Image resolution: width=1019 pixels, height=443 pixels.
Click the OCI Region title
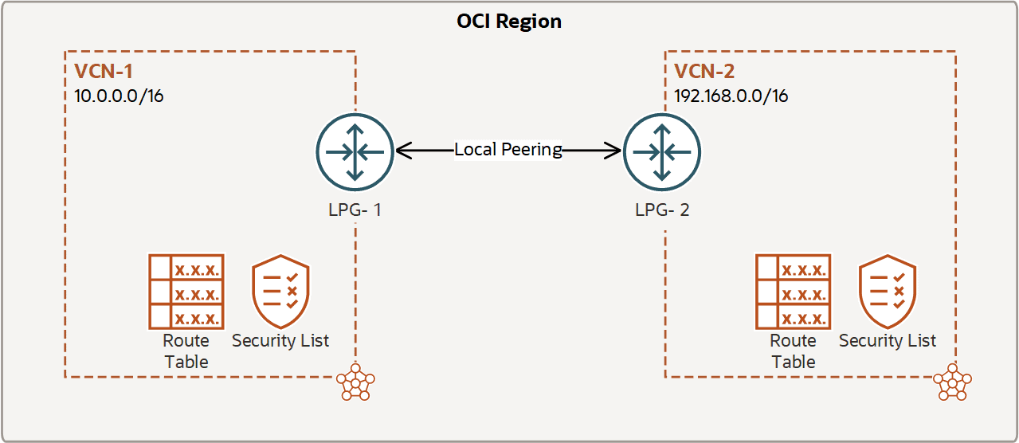pyautogui.click(x=509, y=22)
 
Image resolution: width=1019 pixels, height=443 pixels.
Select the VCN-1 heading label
pyautogui.click(x=104, y=72)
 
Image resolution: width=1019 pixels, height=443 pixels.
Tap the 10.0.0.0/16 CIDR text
pyautogui.click(x=119, y=96)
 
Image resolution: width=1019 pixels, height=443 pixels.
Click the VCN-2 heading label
pyautogui.click(x=704, y=72)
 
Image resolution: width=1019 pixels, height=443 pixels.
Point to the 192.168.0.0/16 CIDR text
pyautogui.click(x=731, y=96)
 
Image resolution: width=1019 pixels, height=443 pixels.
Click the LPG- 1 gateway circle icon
pyautogui.click(x=355, y=152)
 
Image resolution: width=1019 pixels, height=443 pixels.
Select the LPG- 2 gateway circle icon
pyautogui.click(x=662, y=152)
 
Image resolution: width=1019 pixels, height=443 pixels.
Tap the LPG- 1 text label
pyautogui.click(x=355, y=210)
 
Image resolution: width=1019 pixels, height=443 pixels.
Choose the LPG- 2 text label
pyautogui.click(x=662, y=210)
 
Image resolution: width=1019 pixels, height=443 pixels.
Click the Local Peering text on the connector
pyautogui.click(x=508, y=149)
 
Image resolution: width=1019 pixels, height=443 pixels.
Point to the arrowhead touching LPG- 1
pyautogui.click(x=403, y=150)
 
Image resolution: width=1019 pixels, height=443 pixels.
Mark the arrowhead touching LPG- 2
pyautogui.click(x=613, y=150)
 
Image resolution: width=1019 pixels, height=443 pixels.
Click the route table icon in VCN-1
pyautogui.click(x=186, y=292)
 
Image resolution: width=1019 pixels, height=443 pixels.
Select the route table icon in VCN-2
pyautogui.click(x=794, y=292)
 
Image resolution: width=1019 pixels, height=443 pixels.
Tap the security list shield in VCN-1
pyautogui.click(x=281, y=292)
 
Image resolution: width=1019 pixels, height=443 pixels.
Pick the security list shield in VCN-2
pyautogui.click(x=888, y=292)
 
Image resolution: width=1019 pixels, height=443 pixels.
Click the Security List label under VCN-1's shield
pyautogui.click(x=280, y=341)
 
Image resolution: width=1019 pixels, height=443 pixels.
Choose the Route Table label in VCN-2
pyautogui.click(x=794, y=351)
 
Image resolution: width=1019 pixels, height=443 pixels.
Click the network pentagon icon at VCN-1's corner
pyautogui.click(x=356, y=382)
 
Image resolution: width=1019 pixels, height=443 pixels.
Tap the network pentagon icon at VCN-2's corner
pyautogui.click(x=953, y=382)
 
